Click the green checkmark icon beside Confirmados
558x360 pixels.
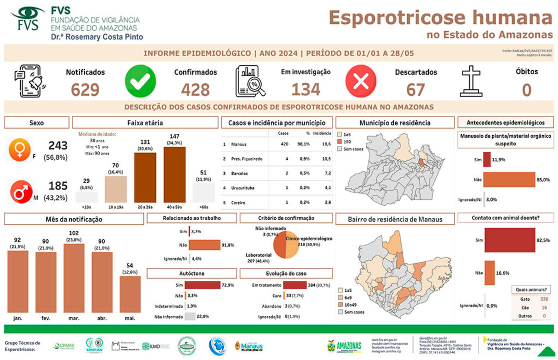141,81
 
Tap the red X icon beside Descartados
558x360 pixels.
361,81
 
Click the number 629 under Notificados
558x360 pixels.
85,89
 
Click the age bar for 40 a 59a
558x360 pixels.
174,174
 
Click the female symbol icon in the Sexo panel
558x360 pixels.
20,150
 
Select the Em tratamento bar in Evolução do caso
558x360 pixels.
295,285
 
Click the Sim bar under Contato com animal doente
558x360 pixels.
510,240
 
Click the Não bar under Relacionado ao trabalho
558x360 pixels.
204,245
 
